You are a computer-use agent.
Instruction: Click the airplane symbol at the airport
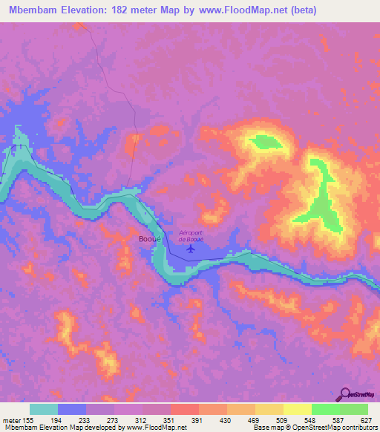tap(191, 249)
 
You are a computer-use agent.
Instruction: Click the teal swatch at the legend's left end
tap(44, 409)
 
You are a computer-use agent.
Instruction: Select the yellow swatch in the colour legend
tap(297, 409)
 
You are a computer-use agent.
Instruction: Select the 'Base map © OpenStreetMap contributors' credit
tap(315, 428)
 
